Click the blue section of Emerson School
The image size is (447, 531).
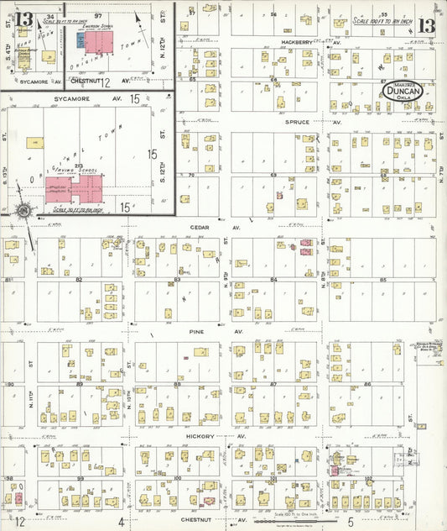(x=81, y=39)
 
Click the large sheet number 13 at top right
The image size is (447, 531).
(x=427, y=25)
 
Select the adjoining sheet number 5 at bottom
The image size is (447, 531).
(x=351, y=521)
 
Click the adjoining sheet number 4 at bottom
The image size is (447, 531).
(x=122, y=522)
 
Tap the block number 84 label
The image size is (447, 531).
(x=273, y=280)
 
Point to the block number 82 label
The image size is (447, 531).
(x=80, y=279)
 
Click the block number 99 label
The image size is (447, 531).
(x=80, y=477)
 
